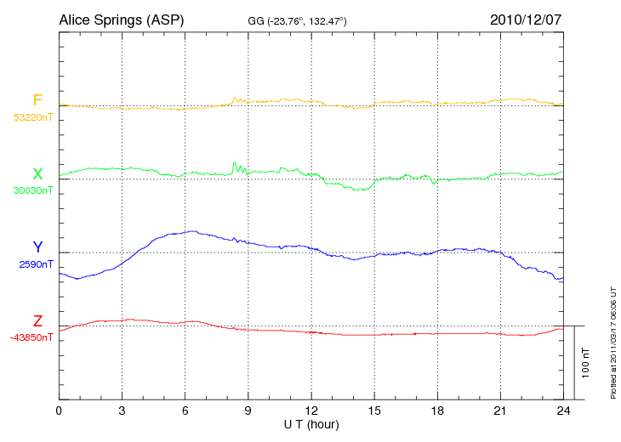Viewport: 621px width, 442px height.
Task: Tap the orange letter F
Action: (x=37, y=100)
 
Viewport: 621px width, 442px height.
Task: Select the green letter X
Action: (x=37, y=174)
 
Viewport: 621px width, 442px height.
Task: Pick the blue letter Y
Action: (x=37, y=247)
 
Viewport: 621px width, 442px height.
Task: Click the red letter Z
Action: (x=37, y=321)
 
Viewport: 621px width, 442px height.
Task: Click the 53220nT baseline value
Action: (x=32, y=116)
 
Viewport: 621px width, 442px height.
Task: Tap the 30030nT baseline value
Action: (x=32, y=190)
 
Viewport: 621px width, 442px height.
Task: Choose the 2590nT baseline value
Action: (x=35, y=264)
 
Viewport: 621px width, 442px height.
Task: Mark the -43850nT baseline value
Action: (x=32, y=337)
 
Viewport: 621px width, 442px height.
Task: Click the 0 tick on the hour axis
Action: (x=59, y=411)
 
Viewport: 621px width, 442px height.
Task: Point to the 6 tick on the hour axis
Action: (x=185, y=411)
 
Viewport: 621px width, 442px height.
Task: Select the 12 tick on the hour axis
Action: (x=311, y=411)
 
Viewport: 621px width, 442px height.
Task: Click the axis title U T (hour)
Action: (x=311, y=423)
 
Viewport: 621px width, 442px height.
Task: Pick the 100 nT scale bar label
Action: (x=585, y=362)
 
